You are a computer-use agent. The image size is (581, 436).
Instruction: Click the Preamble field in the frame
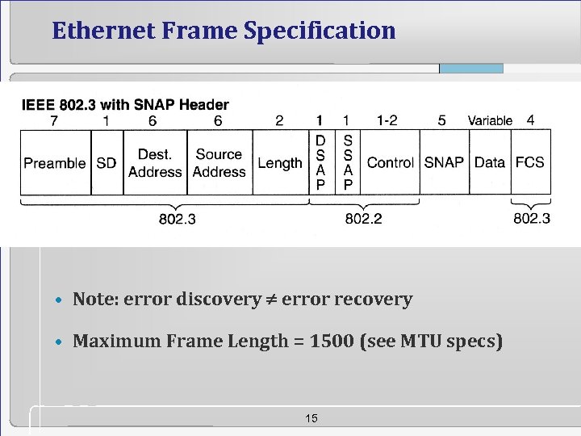coord(55,163)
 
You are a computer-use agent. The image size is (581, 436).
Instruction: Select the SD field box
coord(107,163)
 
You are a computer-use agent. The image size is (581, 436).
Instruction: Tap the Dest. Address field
coord(155,163)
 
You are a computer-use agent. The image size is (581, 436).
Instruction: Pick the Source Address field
coord(219,163)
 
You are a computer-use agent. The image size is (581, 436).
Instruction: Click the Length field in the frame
coord(280,163)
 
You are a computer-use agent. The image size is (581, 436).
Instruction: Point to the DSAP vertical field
coord(320,163)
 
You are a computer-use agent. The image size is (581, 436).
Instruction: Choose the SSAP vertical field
coord(348,163)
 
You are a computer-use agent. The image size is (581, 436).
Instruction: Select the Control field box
coord(391,163)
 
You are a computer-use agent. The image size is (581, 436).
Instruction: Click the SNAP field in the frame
coord(444,163)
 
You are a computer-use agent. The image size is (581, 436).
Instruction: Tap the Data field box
coord(490,163)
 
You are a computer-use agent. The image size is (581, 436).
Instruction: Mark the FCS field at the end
coord(529,163)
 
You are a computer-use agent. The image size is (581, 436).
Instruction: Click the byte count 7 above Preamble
coord(53,120)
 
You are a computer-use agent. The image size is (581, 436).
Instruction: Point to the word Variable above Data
coord(490,121)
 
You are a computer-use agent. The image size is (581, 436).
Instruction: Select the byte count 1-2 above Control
coord(387,120)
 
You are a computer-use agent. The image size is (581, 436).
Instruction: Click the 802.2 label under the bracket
coord(363,219)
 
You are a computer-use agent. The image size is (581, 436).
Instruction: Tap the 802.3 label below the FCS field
coord(532,219)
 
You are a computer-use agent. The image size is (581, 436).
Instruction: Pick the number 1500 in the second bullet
coord(332,342)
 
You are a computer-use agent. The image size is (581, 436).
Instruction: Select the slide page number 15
coord(312,418)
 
